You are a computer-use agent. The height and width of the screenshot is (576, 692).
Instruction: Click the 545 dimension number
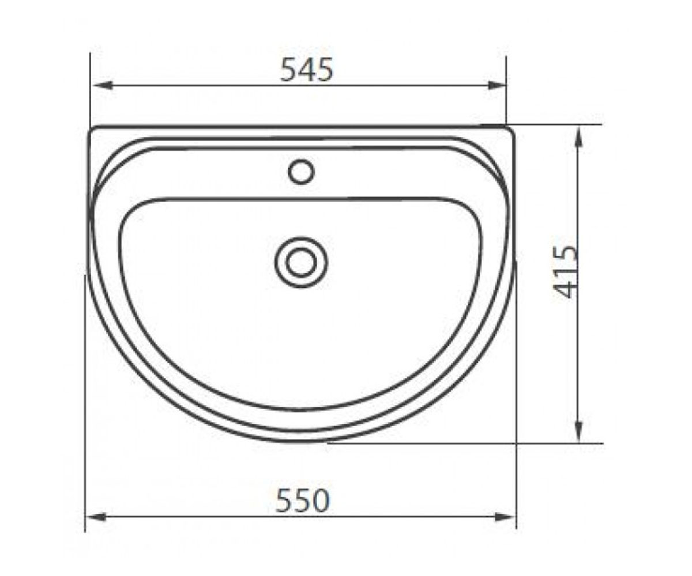(x=306, y=70)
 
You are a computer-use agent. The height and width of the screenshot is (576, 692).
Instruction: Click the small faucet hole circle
(x=301, y=172)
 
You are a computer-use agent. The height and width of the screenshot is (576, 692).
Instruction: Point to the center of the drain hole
(x=301, y=262)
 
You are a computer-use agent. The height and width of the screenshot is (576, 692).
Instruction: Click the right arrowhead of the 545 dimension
(x=497, y=85)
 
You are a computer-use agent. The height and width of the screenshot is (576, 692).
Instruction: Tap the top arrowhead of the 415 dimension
(x=578, y=137)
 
